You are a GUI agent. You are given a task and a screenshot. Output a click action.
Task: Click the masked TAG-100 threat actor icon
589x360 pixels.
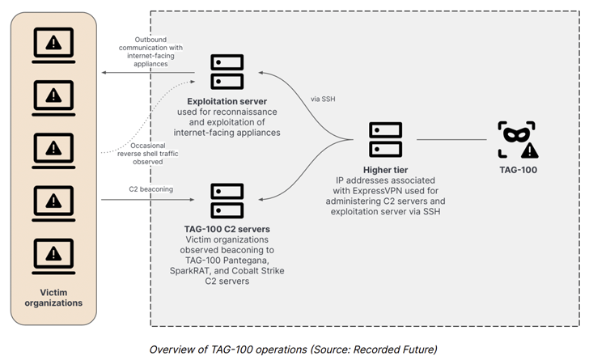pyautogui.click(x=518, y=140)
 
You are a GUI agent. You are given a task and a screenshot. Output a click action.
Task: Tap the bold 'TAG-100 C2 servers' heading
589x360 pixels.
pyautogui.click(x=227, y=229)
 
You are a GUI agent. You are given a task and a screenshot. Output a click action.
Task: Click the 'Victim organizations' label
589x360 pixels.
pyautogui.click(x=53, y=297)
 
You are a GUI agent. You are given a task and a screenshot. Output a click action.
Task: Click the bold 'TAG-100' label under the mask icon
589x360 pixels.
pyautogui.click(x=518, y=170)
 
